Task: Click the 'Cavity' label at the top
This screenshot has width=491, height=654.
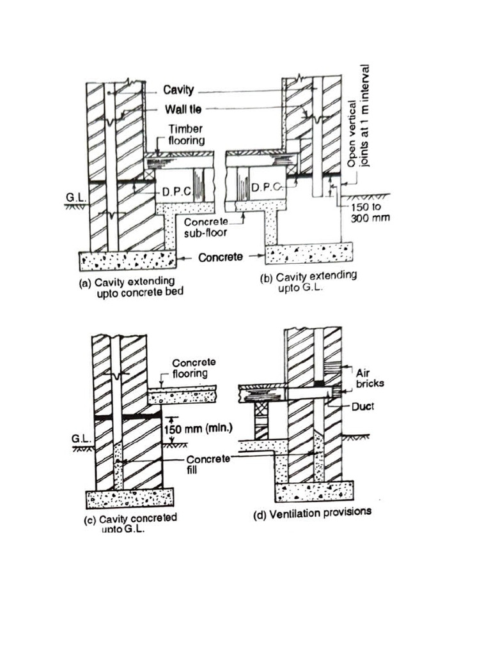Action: point(178,91)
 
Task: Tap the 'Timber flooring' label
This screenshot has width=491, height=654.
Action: point(185,135)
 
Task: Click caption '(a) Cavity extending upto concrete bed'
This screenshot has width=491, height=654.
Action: point(127,288)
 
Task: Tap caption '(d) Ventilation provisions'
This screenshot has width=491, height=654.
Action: point(313,512)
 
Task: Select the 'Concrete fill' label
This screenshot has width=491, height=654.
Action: point(203,464)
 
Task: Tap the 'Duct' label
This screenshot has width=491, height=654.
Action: point(362,406)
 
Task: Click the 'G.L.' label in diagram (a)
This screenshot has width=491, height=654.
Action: point(72,199)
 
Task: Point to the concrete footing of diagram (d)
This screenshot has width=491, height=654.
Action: point(314,492)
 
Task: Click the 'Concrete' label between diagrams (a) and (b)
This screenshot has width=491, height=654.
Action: point(219,258)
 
